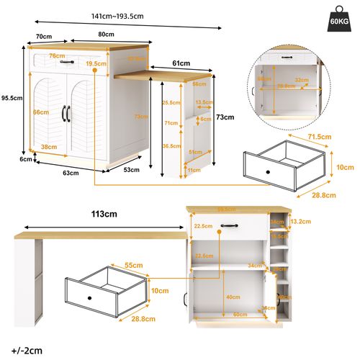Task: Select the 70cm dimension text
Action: [x=43, y=37]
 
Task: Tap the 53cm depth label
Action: [x=131, y=170]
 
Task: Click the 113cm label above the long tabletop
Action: [x=104, y=214]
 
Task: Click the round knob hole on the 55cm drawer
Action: [x=90, y=297]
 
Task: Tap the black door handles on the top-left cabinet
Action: [x=69, y=112]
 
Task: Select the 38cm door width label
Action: [x=50, y=146]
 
